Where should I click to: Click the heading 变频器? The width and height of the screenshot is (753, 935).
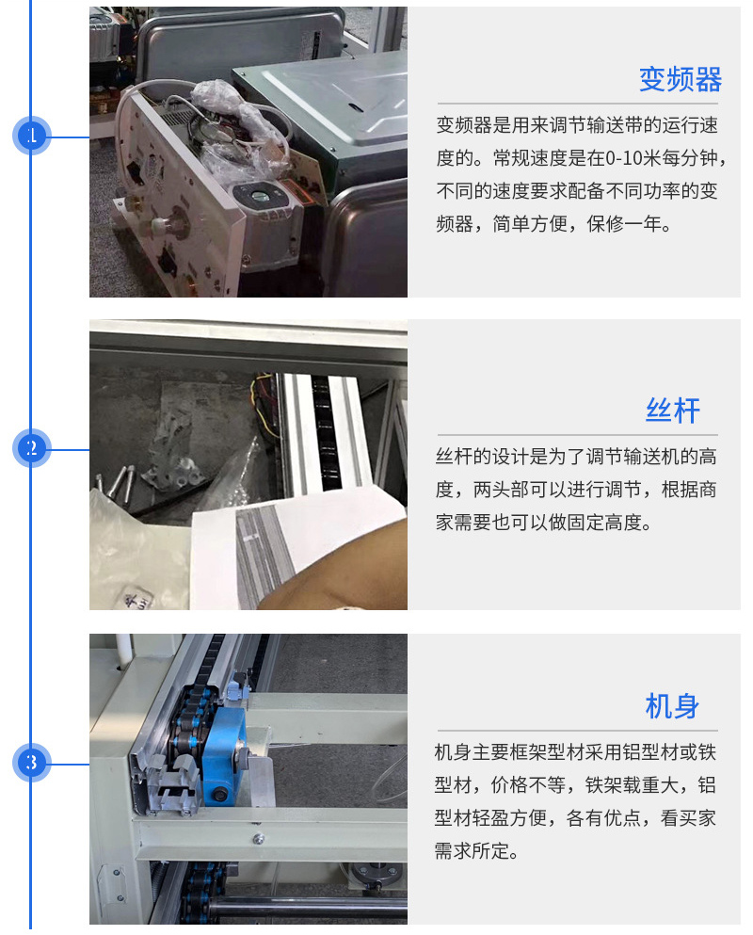681,79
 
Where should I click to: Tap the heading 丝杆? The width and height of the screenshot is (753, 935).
672,411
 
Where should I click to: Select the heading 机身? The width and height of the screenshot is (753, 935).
672,706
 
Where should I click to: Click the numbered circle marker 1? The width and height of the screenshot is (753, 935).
32,136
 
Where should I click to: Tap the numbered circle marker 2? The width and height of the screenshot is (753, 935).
32,448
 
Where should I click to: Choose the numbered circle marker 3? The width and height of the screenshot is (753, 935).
32,763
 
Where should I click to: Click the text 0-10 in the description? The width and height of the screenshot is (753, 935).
624,158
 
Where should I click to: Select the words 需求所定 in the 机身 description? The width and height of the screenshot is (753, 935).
472,851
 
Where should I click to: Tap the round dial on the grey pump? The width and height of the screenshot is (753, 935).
260,196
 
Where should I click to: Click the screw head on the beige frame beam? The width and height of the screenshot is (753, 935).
258,839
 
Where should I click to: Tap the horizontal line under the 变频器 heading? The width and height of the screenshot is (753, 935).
577,104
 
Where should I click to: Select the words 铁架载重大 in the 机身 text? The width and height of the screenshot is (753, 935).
632,784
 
